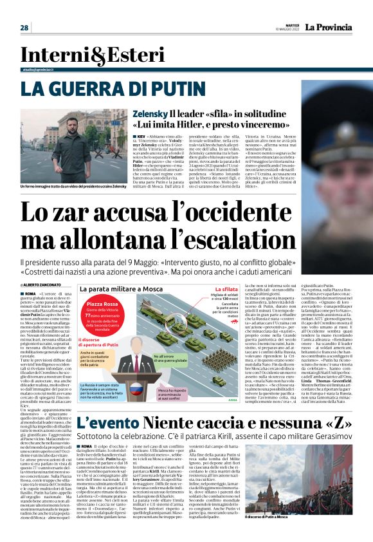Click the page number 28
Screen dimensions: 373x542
(24, 28)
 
